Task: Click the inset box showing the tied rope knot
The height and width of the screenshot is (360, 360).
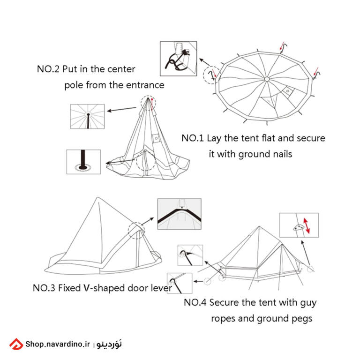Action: (178, 59)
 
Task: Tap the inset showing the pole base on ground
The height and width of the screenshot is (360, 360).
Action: (83, 162)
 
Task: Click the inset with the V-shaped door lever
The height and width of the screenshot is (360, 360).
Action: (179, 215)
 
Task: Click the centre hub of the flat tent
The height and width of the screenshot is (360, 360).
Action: (266, 79)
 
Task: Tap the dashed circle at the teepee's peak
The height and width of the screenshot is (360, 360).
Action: (148, 102)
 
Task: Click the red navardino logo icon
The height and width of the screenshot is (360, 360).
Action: (16, 345)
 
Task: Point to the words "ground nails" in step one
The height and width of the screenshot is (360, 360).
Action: (265, 154)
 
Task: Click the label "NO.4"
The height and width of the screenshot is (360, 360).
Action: (195, 302)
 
